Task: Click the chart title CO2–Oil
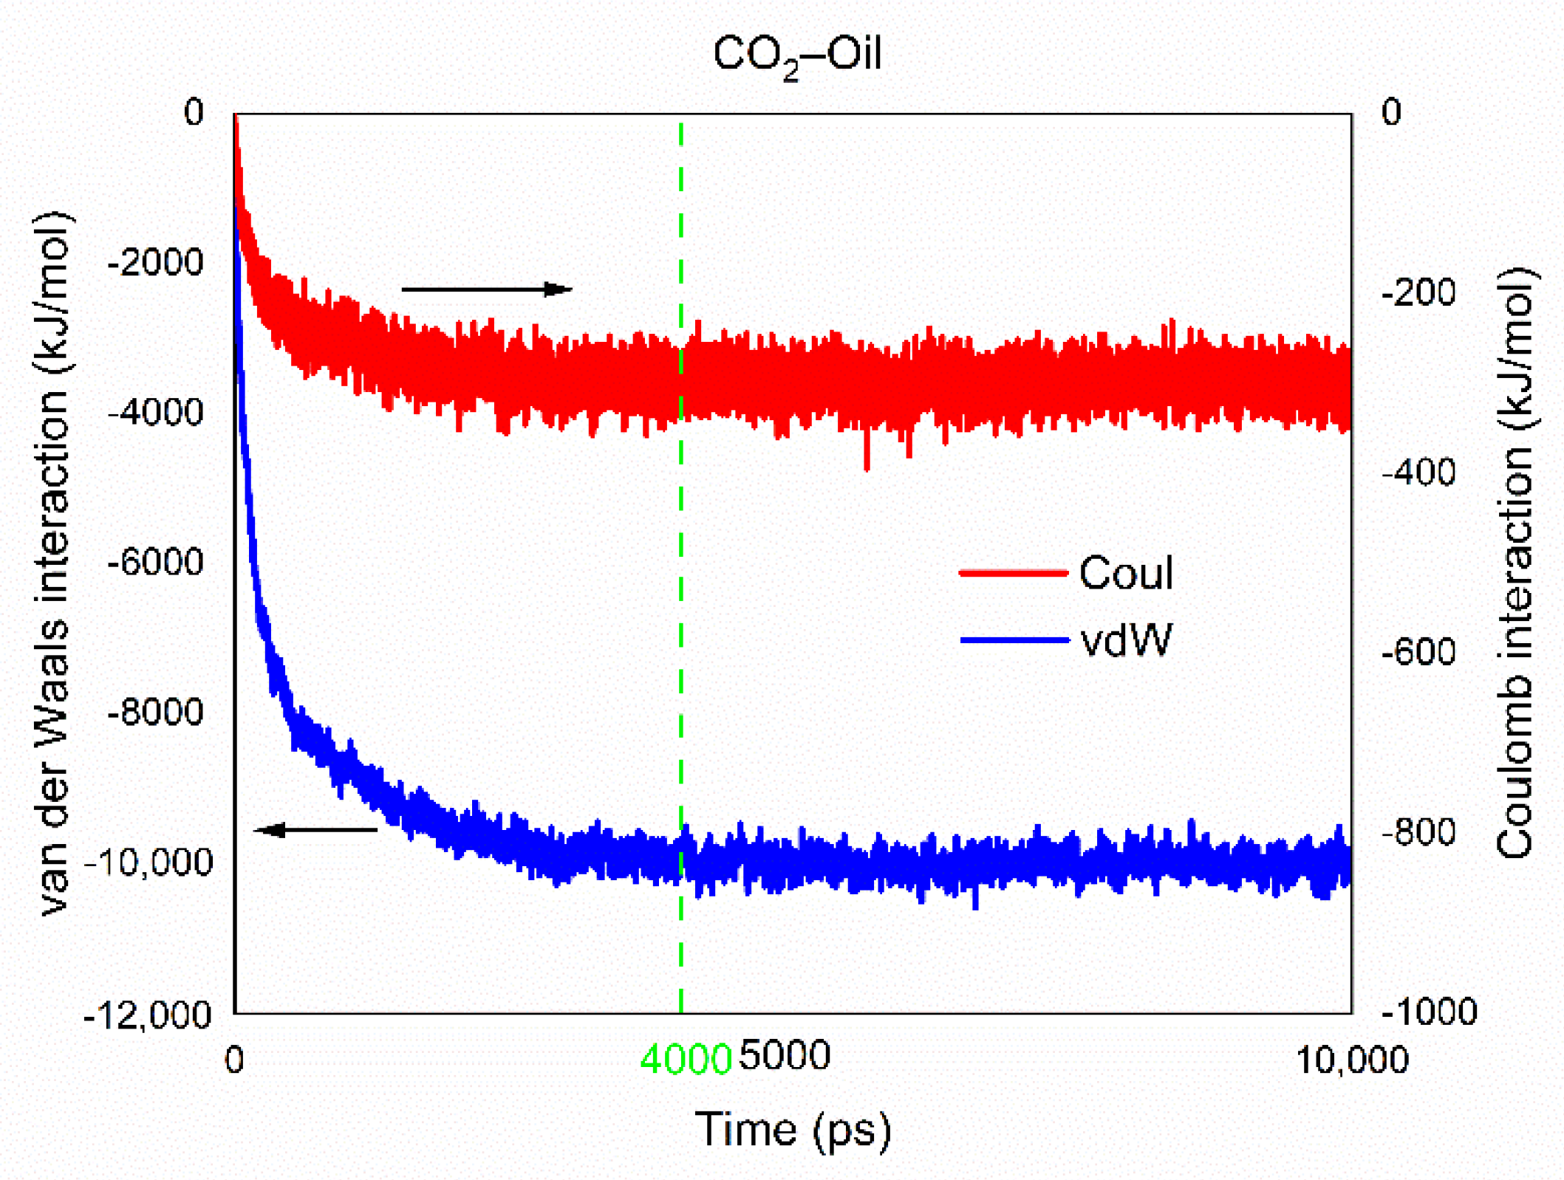point(797,55)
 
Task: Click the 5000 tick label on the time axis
point(785,1055)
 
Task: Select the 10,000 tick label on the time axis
point(1351,1060)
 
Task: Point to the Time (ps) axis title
point(793,1129)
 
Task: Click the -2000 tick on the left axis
point(155,262)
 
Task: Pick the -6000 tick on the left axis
point(155,562)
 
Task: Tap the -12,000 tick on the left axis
point(148,1015)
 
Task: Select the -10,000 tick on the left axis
point(148,862)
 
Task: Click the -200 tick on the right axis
point(1418,292)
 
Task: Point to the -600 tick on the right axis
point(1418,651)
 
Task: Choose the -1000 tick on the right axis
point(1428,1011)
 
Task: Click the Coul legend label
point(1125,572)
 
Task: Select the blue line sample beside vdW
point(1014,639)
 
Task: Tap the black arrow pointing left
point(316,830)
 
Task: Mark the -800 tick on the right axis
point(1418,831)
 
